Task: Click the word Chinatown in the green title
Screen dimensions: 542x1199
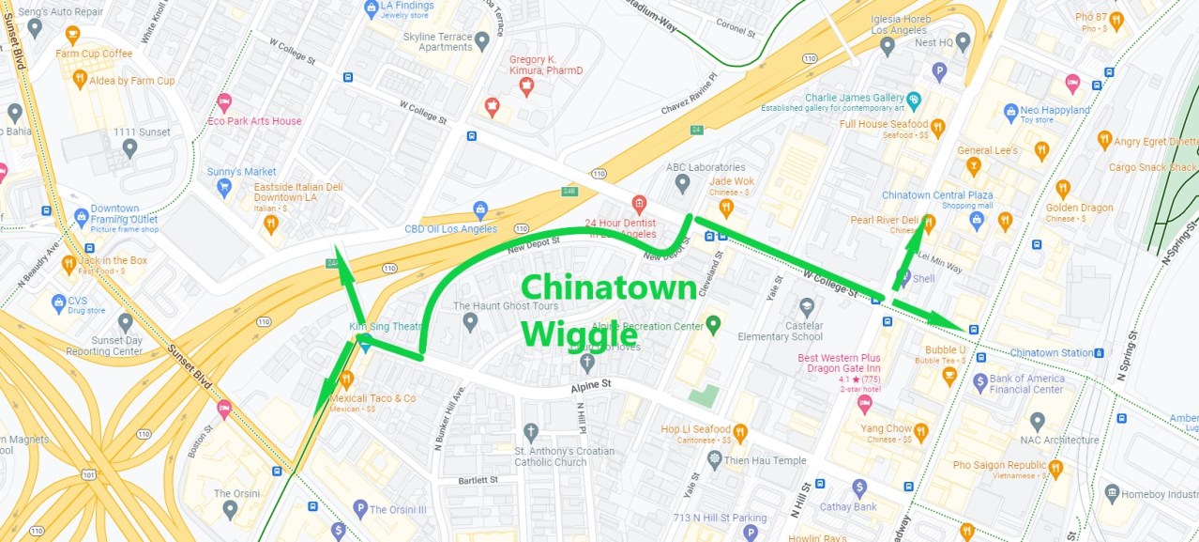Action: (608, 288)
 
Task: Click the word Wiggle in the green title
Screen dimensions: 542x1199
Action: (579, 333)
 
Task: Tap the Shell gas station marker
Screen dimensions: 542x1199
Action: (903, 278)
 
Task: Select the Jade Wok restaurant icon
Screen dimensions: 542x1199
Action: (725, 208)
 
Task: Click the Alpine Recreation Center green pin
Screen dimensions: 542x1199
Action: (713, 326)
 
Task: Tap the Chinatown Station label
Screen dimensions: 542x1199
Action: (1052, 353)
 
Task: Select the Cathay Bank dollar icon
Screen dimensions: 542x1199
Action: (859, 488)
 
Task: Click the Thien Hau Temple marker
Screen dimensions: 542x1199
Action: (715, 460)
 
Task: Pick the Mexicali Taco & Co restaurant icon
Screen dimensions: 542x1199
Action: (345, 379)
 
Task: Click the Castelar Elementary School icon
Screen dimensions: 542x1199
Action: (807, 307)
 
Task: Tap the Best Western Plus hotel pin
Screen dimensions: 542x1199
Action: (865, 404)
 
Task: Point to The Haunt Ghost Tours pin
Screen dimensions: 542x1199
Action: (470, 322)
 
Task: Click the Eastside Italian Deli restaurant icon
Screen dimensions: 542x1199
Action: (271, 224)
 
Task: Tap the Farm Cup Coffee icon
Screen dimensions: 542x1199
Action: (72, 35)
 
